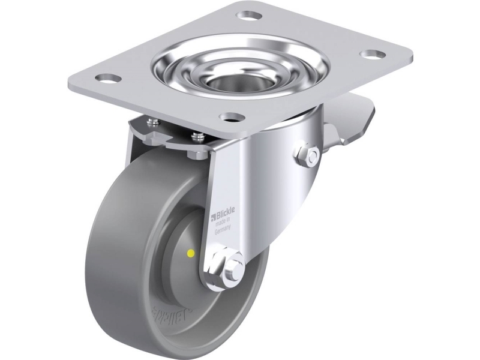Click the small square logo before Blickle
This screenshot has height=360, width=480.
point(215,214)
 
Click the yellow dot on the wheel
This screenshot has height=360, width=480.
point(191,254)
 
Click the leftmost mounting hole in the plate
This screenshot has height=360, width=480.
point(109,77)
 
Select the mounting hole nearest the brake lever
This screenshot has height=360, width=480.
point(375,55)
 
